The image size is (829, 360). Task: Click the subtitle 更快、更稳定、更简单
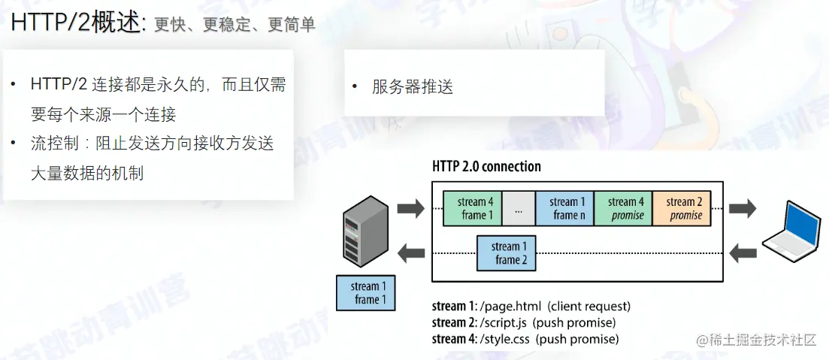[x=234, y=25]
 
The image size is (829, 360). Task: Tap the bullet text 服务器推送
[x=413, y=86]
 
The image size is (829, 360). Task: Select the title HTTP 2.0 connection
[x=486, y=166]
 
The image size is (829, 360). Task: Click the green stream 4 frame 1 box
[x=472, y=208]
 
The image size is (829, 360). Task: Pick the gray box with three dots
[x=518, y=208]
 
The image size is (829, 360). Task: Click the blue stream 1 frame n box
[x=564, y=208]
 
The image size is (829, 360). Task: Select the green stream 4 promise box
[x=623, y=208]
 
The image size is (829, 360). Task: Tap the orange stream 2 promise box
[x=681, y=208]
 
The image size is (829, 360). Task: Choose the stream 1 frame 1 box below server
[x=367, y=293]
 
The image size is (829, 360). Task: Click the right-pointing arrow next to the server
[x=410, y=208]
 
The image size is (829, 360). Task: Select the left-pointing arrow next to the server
[x=410, y=253]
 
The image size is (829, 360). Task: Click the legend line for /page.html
[x=531, y=307]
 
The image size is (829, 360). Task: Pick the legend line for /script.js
[x=524, y=322]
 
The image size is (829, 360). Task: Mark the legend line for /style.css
[x=525, y=339]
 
